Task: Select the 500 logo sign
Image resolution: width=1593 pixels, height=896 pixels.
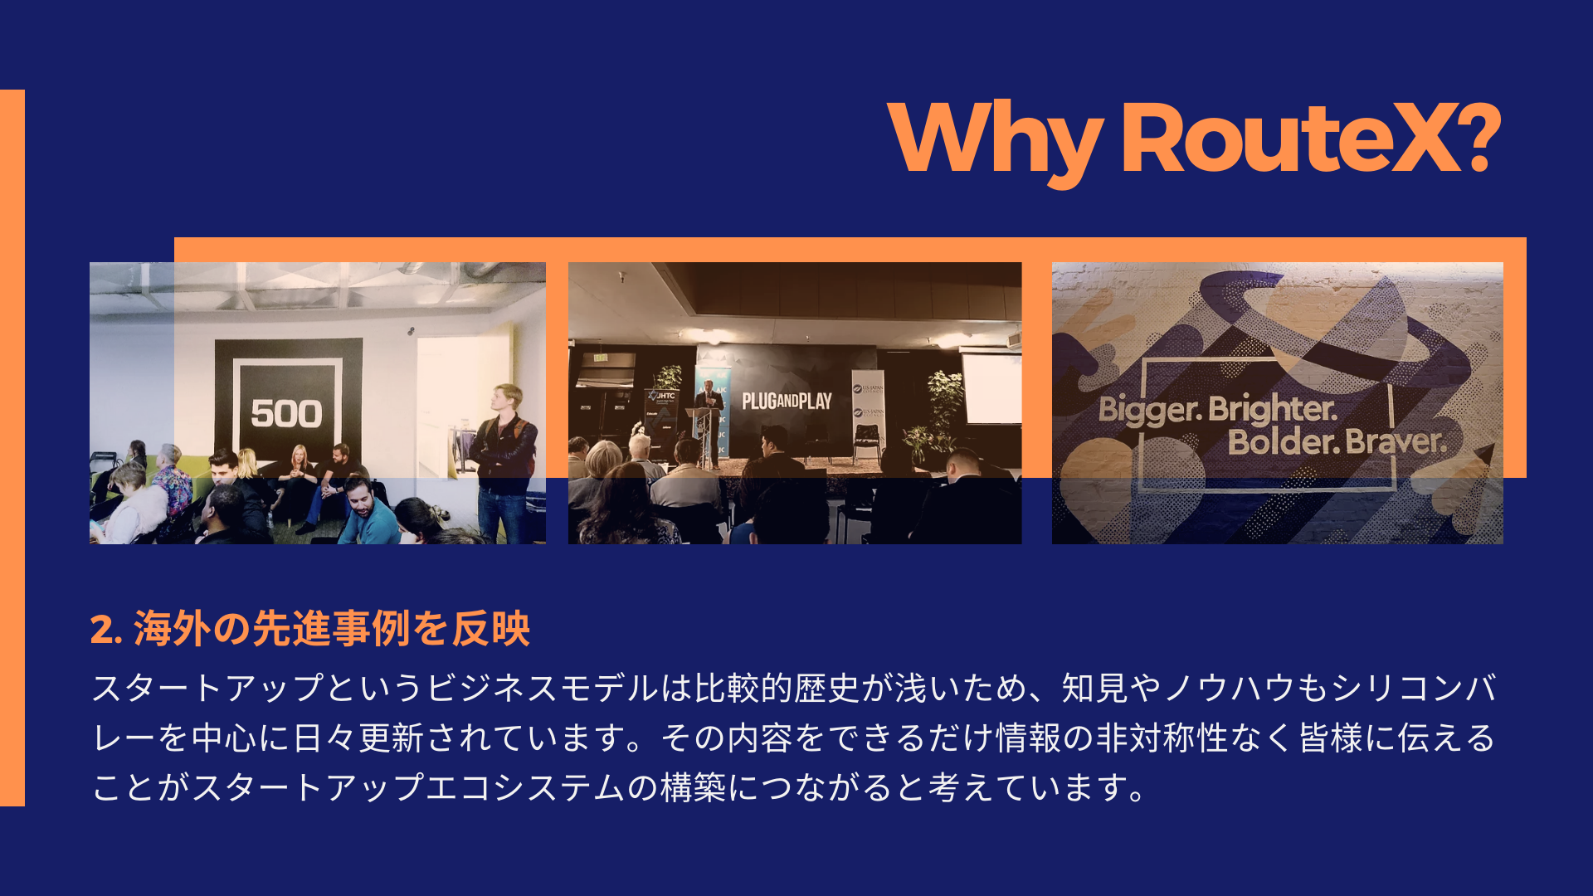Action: [x=286, y=412]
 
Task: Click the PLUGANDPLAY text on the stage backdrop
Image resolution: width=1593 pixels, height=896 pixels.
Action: [x=787, y=402]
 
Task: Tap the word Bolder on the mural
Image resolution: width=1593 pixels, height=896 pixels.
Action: [x=1284, y=442]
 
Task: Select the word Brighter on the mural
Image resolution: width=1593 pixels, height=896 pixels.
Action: [x=1273, y=409]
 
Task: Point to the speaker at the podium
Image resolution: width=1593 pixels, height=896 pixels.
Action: [x=709, y=415]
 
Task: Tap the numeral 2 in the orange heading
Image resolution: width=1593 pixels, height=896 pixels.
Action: [x=101, y=630]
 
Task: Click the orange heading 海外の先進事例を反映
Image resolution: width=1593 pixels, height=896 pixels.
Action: [x=332, y=628]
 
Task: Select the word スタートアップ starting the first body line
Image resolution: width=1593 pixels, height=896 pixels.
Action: [x=207, y=689]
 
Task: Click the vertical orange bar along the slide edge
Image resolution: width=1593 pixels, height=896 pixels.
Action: [x=12, y=448]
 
